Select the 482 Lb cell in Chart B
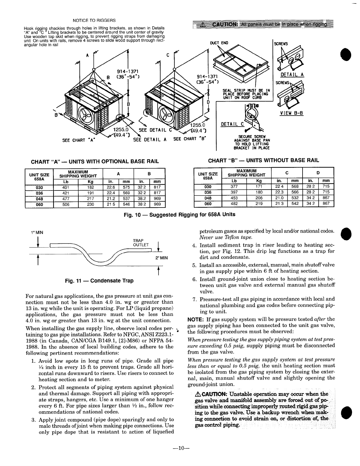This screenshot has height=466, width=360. [234, 203]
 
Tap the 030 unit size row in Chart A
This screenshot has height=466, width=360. [39, 188]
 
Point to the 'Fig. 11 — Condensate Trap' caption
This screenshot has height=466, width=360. [99, 281]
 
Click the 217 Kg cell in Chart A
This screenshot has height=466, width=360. [90, 199]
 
